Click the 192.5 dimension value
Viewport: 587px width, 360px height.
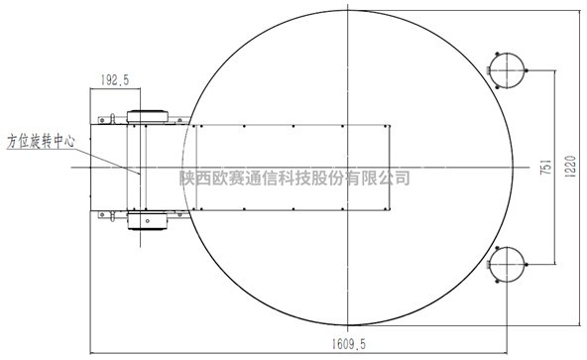118,78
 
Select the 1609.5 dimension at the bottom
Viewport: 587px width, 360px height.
351,346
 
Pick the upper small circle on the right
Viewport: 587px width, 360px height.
506,67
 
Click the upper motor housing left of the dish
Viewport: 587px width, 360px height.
150,115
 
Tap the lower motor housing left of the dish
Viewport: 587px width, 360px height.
150,220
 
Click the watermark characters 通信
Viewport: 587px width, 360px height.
261,179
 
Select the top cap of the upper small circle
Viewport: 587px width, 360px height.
506,50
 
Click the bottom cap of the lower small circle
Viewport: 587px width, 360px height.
506,282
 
